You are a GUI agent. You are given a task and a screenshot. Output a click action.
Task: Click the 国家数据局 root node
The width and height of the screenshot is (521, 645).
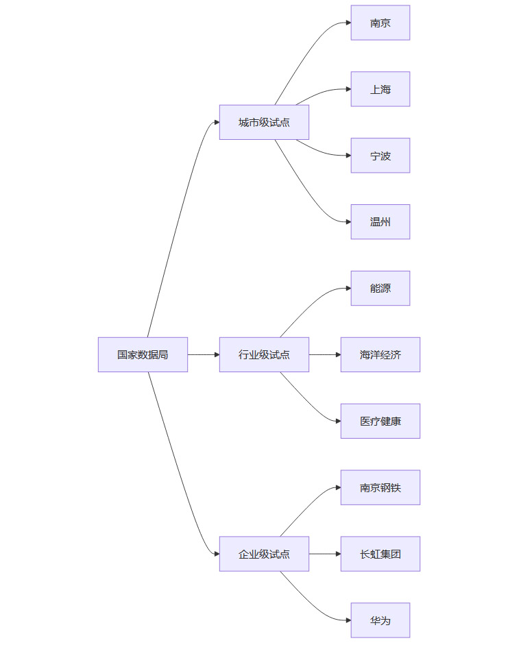pyautogui.click(x=143, y=354)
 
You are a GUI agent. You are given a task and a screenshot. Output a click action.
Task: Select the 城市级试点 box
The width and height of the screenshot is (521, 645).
pyautogui.click(x=264, y=122)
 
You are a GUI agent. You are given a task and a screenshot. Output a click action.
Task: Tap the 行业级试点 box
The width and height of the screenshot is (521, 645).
pyautogui.click(x=264, y=354)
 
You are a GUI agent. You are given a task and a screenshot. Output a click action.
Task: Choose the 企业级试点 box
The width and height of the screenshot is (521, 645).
pyautogui.click(x=264, y=554)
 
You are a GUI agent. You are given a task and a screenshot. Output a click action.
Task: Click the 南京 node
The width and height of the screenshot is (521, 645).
pyautogui.click(x=380, y=23)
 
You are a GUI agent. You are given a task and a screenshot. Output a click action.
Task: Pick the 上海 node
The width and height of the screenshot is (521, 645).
pyautogui.click(x=380, y=89)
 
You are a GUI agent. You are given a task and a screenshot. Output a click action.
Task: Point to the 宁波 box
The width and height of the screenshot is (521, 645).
pyautogui.click(x=380, y=156)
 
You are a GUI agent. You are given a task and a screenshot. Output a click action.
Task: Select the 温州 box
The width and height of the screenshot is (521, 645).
pyautogui.click(x=380, y=222)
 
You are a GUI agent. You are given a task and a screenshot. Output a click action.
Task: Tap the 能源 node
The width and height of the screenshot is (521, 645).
pyautogui.click(x=380, y=288)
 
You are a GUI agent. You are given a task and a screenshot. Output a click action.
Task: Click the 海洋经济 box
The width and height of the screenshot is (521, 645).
pyautogui.click(x=380, y=354)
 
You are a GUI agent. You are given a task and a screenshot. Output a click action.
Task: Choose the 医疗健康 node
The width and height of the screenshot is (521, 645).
pyautogui.click(x=380, y=421)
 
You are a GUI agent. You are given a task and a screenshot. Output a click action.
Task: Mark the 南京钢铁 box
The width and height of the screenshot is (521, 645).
pyautogui.click(x=380, y=487)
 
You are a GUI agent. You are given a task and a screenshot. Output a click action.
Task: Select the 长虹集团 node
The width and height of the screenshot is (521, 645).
pyautogui.click(x=380, y=554)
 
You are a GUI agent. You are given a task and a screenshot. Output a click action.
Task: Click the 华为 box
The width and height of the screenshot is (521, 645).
pyautogui.click(x=380, y=620)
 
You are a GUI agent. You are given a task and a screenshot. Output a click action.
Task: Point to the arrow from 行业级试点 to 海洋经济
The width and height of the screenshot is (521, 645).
pyautogui.click(x=324, y=354)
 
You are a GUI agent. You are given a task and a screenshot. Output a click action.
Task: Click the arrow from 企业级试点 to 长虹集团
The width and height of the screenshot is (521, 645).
pyautogui.click(x=324, y=554)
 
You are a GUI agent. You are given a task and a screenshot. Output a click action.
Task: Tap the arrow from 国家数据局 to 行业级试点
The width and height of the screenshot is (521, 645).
pyautogui.click(x=203, y=354)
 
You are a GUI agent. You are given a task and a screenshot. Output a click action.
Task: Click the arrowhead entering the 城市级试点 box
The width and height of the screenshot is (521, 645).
pyautogui.click(x=216, y=122)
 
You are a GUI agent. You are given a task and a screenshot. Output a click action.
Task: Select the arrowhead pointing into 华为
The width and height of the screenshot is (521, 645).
pyautogui.click(x=348, y=620)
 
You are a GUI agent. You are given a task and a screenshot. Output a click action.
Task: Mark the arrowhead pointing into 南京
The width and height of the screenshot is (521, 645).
pyautogui.click(x=348, y=23)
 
